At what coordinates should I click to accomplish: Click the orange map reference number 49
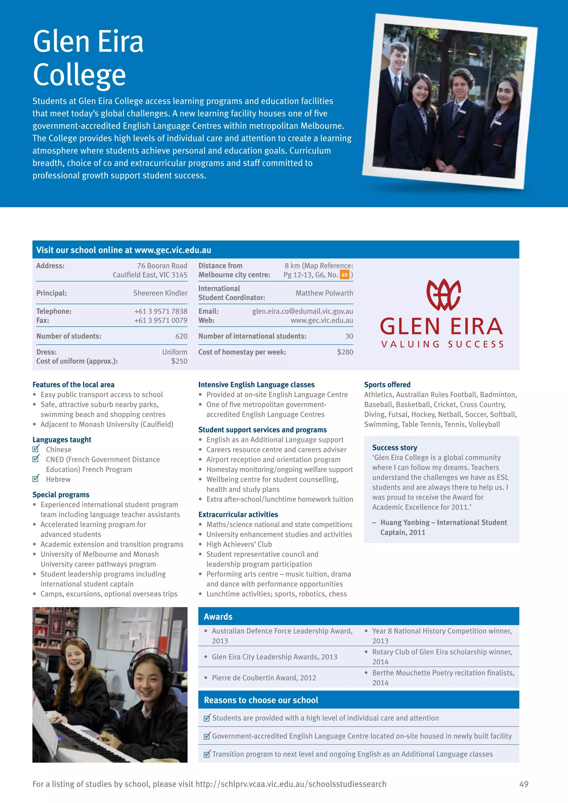[x=344, y=275]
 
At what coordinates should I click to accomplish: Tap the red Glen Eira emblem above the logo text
[x=443, y=294]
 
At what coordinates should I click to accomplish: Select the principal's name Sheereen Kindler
[x=160, y=293]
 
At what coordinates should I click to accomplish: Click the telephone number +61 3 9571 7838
[x=161, y=311]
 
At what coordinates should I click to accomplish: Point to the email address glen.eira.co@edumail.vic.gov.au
[x=303, y=311]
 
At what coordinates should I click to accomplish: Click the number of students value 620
[x=181, y=336]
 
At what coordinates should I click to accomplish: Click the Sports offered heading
[x=387, y=385]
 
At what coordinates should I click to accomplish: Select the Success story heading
[x=395, y=448]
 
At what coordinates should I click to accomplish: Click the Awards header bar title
[x=218, y=617]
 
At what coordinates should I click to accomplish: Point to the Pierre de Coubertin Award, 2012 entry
[x=264, y=678]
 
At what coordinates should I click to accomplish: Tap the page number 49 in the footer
[x=524, y=784]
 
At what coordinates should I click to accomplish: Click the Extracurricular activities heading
[x=238, y=514]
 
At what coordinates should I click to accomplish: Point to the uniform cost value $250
[x=179, y=361]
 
